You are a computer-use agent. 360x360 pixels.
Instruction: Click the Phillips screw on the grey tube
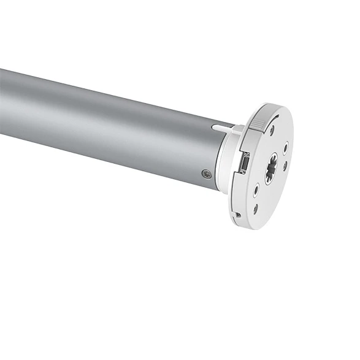tap(206, 175)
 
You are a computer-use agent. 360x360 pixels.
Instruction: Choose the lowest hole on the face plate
tap(256, 209)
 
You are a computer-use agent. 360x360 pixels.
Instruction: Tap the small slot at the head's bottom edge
tap(237, 214)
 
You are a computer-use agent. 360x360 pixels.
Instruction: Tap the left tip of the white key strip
tap(214, 127)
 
